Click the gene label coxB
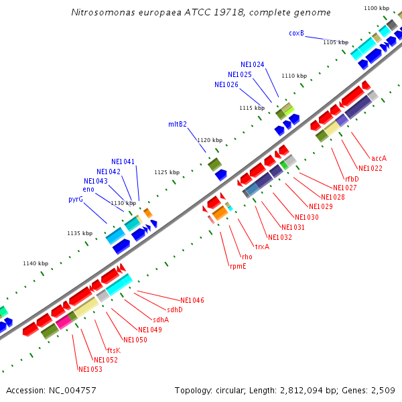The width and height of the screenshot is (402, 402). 296,33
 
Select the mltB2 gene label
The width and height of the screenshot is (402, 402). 177,124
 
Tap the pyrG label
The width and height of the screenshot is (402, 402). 75,200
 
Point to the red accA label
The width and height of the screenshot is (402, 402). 379,158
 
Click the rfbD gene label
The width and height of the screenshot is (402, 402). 352,179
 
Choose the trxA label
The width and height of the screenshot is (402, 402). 262,247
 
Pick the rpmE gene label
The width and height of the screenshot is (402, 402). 237,266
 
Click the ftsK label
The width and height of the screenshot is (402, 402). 113,350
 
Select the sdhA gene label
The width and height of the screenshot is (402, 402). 160,320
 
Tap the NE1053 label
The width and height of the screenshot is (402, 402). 90,370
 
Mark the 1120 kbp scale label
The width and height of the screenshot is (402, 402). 209,140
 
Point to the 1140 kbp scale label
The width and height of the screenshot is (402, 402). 36,263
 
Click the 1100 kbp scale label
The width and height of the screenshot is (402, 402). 376,8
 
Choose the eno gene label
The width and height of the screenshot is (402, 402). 88,190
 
